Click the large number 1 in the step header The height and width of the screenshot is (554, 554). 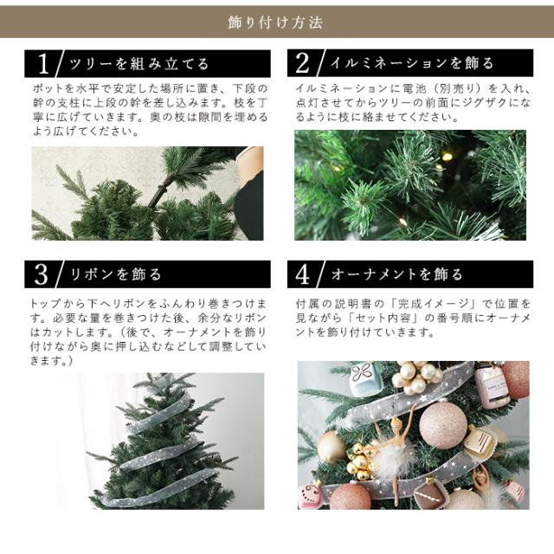[43, 64]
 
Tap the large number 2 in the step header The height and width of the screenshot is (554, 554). [302, 63]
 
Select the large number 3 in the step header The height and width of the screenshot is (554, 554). [41, 274]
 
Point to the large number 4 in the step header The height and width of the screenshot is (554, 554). [302, 274]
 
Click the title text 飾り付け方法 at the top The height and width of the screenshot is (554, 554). [276, 23]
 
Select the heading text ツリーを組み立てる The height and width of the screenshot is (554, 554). [139, 64]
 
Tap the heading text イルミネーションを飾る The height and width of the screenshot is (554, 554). [412, 63]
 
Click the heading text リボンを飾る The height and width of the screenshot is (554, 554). [116, 274]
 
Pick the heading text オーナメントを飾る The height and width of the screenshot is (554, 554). [396, 274]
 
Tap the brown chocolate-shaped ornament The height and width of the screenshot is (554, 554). [429, 493]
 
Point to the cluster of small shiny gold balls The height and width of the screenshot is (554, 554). [359, 460]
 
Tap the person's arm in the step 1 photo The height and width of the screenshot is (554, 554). [250, 194]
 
